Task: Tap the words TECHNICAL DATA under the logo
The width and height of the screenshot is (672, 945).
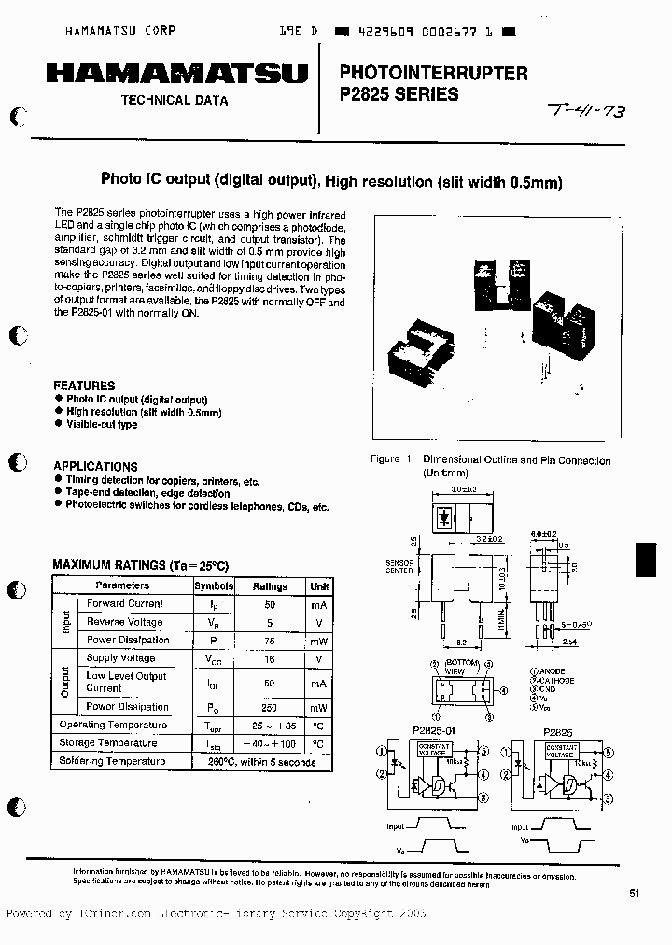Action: pyautogui.click(x=175, y=100)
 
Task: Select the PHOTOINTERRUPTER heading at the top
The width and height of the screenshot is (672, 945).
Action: pyautogui.click(x=433, y=72)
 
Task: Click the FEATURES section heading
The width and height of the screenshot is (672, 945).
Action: pyautogui.click(x=84, y=386)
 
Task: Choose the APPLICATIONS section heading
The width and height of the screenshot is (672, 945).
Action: pyautogui.click(x=95, y=466)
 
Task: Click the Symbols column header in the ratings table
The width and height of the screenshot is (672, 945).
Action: pyautogui.click(x=214, y=586)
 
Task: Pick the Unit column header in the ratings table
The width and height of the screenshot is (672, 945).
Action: pyautogui.click(x=320, y=586)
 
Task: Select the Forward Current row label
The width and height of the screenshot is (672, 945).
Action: pyautogui.click(x=125, y=604)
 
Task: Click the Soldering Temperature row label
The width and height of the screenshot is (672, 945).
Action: pyautogui.click(x=112, y=761)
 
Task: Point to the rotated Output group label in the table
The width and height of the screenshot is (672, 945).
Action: pyautogui.click(x=65, y=683)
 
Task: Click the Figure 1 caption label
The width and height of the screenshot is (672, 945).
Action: pyautogui.click(x=392, y=460)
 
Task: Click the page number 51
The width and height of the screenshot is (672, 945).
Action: pyautogui.click(x=635, y=894)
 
